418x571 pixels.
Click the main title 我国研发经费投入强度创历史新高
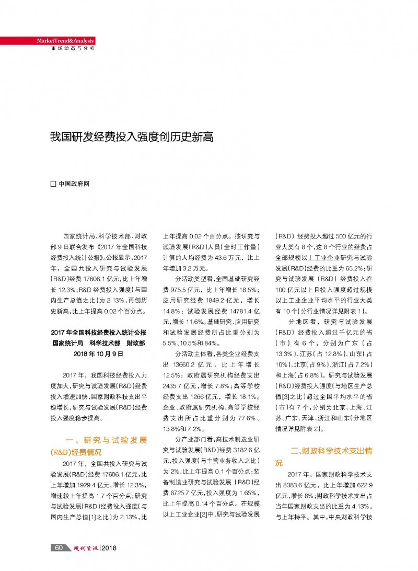coord(132,138)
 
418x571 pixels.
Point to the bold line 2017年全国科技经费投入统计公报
coord(99,332)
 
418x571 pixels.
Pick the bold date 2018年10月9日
coord(99,354)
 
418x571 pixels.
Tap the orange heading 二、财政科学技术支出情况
coord(324,456)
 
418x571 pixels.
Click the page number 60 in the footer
coord(59,547)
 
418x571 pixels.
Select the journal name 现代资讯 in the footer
coord(84,547)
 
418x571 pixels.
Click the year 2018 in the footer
coord(110,547)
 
